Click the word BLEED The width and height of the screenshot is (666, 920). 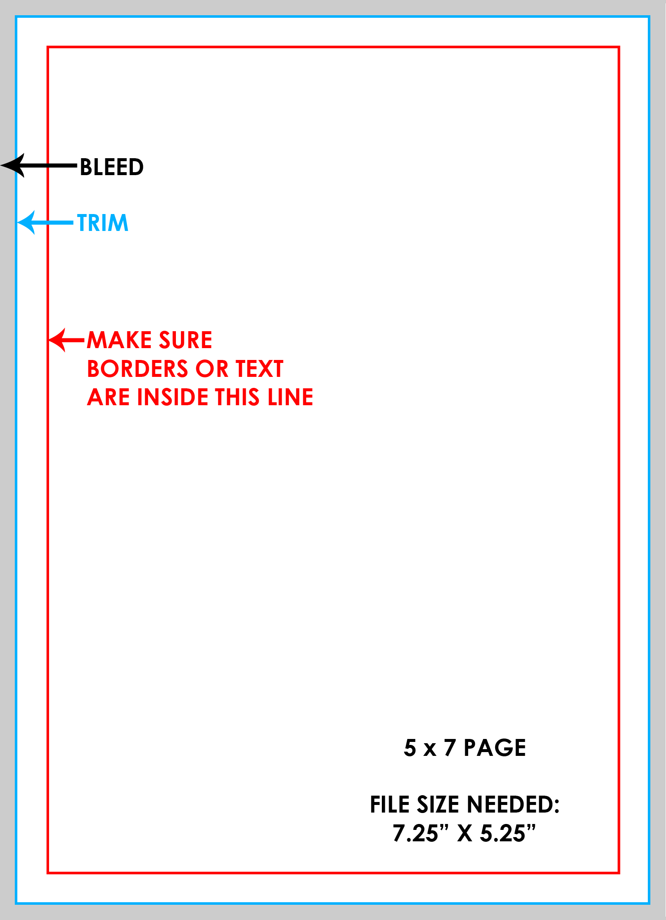pyautogui.click(x=112, y=167)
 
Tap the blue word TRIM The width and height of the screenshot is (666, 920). pyautogui.click(x=103, y=223)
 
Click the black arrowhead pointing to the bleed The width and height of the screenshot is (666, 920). pyautogui.click(x=13, y=165)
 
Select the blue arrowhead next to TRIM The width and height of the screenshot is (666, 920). pyautogui.click(x=26, y=222)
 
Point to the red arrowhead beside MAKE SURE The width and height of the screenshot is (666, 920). pyautogui.click(x=58, y=340)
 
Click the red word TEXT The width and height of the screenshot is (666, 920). pyautogui.click(x=259, y=369)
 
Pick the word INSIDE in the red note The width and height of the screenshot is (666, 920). pyautogui.click(x=173, y=397)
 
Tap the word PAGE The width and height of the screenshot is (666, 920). pyautogui.click(x=495, y=748)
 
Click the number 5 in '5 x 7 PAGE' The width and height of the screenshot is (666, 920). pyautogui.click(x=410, y=748)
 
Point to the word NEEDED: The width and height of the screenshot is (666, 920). pyautogui.click(x=513, y=805)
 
